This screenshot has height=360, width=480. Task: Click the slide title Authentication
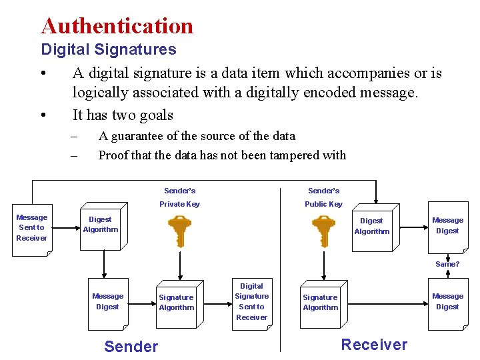tap(117, 26)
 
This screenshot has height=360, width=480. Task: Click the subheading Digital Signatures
tap(109, 49)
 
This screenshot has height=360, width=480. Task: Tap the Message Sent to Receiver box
tap(32, 228)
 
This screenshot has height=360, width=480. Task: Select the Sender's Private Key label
tap(179, 197)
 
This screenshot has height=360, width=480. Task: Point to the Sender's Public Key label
tap(323, 197)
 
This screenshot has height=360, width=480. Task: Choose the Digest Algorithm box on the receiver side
tap(371, 227)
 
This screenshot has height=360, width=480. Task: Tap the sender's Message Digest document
tap(108, 303)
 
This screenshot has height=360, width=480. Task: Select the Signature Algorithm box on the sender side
tap(177, 303)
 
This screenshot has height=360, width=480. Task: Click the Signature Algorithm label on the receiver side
tap(320, 303)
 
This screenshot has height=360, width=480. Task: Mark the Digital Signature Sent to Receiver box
tap(251, 302)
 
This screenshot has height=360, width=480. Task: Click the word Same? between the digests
tap(447, 264)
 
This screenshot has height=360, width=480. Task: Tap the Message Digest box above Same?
tap(447, 227)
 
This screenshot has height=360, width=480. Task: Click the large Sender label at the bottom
tap(131, 346)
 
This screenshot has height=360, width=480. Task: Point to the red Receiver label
tap(374, 345)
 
